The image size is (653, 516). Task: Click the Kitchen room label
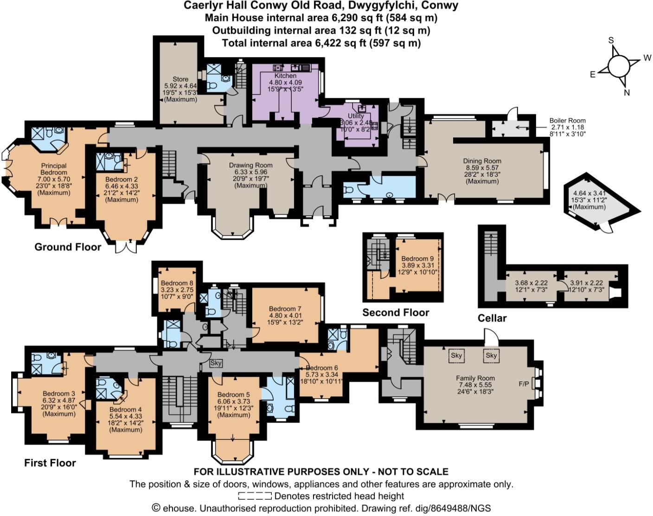click(x=285, y=76)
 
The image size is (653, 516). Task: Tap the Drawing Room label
click(x=250, y=165)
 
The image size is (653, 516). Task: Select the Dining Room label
click(x=482, y=161)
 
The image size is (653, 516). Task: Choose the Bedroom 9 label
click(x=414, y=258)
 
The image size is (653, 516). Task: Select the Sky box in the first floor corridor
click(x=216, y=363)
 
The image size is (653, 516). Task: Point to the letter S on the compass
click(x=611, y=40)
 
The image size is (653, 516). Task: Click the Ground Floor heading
click(x=68, y=247)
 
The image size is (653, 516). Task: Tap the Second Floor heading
click(x=396, y=312)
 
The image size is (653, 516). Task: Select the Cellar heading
click(x=492, y=318)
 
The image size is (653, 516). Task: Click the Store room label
click(x=180, y=79)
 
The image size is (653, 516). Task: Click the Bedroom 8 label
click(x=177, y=283)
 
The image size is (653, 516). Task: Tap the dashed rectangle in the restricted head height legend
click(x=255, y=496)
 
